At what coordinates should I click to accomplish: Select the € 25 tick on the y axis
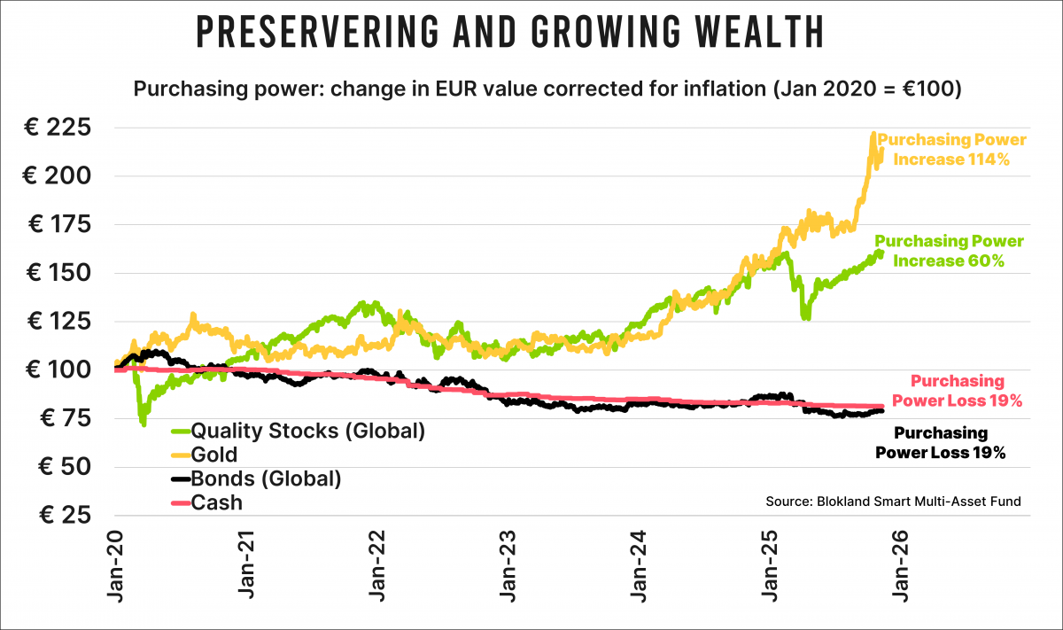point(61,515)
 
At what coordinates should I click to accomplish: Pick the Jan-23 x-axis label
point(508,567)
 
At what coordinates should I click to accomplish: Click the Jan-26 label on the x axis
point(901,567)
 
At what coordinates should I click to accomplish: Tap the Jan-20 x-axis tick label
point(117,567)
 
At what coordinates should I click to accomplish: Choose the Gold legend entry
point(214,455)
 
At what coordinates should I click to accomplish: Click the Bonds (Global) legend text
point(266,479)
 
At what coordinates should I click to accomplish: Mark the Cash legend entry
point(217,503)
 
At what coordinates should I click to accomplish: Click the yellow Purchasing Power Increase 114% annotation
point(952,150)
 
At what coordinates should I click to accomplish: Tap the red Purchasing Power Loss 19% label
point(958,391)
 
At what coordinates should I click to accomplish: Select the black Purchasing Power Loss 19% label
point(941,442)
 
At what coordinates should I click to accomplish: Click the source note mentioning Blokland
point(893,502)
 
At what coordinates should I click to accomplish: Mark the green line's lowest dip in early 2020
point(144,424)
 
